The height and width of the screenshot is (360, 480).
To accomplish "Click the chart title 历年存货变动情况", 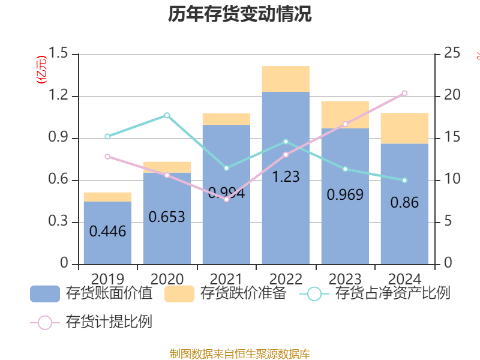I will [x=240, y=14].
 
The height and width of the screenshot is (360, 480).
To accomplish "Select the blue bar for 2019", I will [x=107, y=234].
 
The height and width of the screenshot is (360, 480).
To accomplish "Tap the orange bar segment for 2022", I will [x=286, y=79].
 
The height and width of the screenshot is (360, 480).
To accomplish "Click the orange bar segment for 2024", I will [x=404, y=128].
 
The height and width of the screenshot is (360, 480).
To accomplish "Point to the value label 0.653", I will [x=167, y=217].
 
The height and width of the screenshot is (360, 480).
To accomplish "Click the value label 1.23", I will [x=286, y=178].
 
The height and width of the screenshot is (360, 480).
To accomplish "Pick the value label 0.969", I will [x=345, y=195].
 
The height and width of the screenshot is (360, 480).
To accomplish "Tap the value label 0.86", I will [x=404, y=203].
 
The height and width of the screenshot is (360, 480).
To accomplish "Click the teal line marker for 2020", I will [x=167, y=115].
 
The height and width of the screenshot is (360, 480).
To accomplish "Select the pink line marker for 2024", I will [x=404, y=93].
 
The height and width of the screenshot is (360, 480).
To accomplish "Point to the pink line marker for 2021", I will [x=226, y=199].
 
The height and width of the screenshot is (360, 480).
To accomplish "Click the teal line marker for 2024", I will [x=404, y=180].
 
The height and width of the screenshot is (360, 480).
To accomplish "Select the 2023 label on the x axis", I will [x=345, y=279].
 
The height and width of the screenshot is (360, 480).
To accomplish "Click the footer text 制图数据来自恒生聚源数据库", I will [x=240, y=353].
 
